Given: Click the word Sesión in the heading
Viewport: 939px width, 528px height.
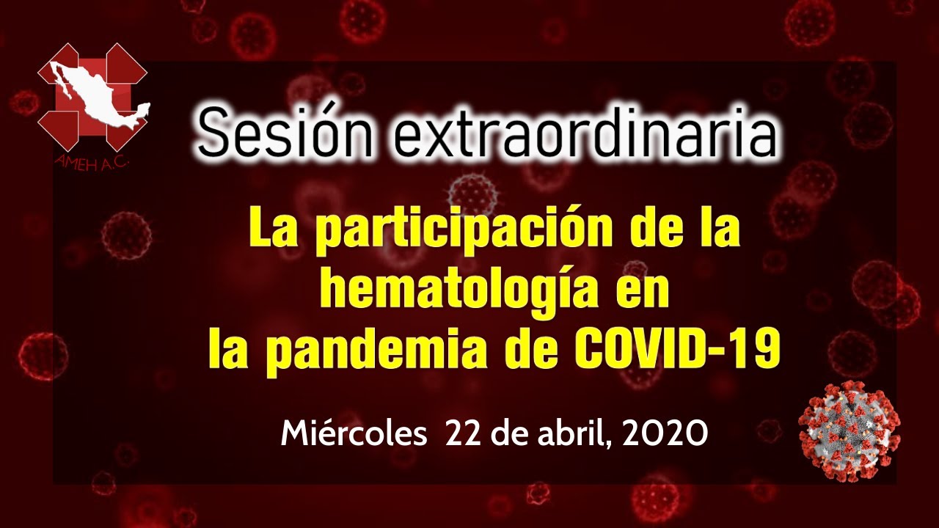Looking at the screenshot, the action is (x=285, y=133).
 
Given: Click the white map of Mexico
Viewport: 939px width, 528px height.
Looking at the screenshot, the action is (x=98, y=96).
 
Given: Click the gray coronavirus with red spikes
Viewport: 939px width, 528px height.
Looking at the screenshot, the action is (x=850, y=430).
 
